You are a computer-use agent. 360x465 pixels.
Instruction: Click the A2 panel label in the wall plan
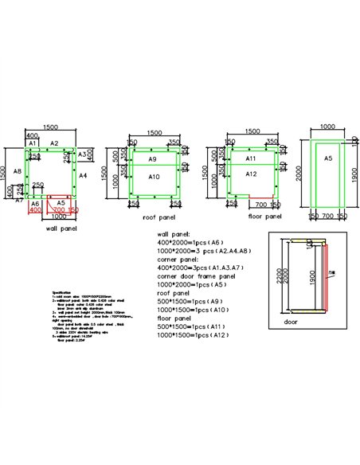53,143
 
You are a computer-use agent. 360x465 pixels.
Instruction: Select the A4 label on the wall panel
83,174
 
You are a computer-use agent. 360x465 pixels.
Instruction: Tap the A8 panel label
18,170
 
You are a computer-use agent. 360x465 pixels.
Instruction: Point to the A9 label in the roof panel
151,159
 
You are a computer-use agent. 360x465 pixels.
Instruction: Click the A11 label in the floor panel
250,158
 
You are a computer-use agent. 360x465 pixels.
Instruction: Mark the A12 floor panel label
250,174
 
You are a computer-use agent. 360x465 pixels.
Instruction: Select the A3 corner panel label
83,153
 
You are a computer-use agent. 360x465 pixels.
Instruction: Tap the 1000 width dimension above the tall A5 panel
327,127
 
